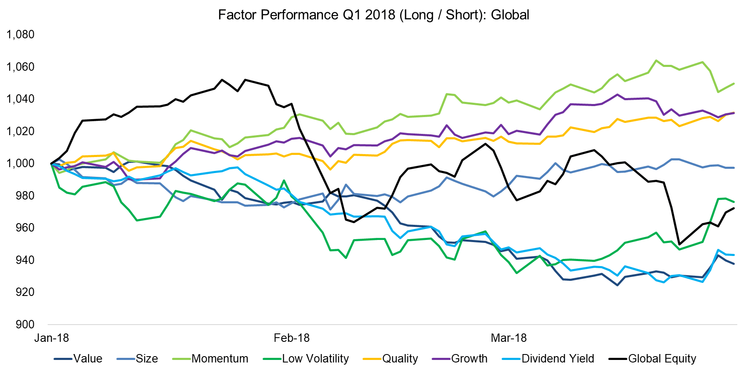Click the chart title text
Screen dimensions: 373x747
[x=373, y=15]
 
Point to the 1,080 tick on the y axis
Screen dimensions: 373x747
[x=20, y=35]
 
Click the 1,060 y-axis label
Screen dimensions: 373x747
[x=20, y=67]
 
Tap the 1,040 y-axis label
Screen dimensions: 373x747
[x=20, y=99]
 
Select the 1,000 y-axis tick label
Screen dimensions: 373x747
[x=20, y=163]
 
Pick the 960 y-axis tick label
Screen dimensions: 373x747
[x=25, y=228]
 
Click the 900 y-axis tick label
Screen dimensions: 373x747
[x=25, y=324]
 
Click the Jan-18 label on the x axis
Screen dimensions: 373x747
[x=51, y=338]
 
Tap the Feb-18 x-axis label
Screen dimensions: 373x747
[x=291, y=338]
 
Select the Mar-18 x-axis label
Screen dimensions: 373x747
[x=509, y=338]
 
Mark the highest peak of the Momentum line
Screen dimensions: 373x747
[x=656, y=60]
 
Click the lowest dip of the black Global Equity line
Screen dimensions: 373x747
[x=679, y=244]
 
